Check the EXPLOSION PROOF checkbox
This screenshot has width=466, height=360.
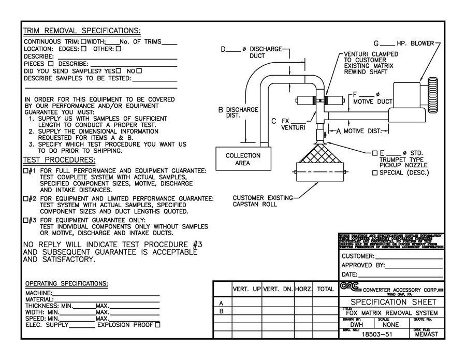[x=158, y=325]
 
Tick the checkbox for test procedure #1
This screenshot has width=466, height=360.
[x=26, y=171]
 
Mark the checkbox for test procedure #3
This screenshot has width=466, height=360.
[x=26, y=220]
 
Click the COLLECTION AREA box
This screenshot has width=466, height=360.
[x=242, y=159]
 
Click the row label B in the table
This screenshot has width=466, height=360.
[x=222, y=311]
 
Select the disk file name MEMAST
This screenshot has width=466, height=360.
[x=427, y=335]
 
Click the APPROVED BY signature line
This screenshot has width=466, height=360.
[x=414, y=265]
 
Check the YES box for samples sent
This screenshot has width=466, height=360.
[x=119, y=70]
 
